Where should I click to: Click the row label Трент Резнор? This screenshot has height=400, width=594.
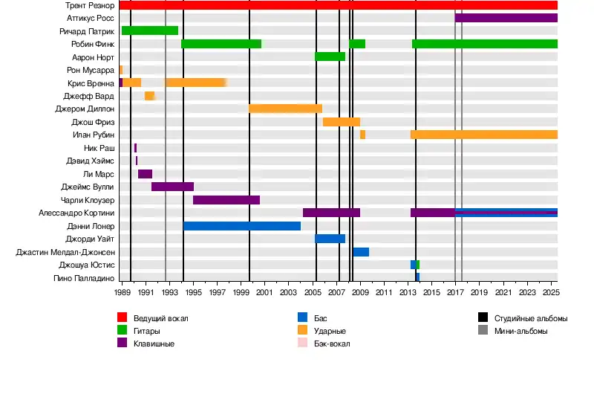90,5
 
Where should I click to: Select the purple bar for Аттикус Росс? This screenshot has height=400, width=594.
506,18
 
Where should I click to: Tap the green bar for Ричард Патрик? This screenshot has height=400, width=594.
150,30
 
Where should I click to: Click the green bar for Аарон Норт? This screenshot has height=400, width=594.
330,57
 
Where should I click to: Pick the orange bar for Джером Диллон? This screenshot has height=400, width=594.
285,109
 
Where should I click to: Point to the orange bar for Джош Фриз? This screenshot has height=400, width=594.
342,122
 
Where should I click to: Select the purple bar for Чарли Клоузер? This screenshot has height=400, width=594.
226,200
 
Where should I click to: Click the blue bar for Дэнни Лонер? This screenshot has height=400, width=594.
242,226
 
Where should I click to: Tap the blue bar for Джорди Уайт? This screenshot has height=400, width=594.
330,239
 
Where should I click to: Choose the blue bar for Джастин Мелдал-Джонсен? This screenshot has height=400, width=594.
361,252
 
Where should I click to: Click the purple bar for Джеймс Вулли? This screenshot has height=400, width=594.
172,187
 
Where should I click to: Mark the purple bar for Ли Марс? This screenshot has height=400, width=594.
145,174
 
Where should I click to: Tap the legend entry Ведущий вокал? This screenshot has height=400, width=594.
160,318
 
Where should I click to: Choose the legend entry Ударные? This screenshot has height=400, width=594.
330,331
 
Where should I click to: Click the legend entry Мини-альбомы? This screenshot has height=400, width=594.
520,331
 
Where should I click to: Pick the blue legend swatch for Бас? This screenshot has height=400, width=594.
302,318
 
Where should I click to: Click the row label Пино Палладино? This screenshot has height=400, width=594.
84,278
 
